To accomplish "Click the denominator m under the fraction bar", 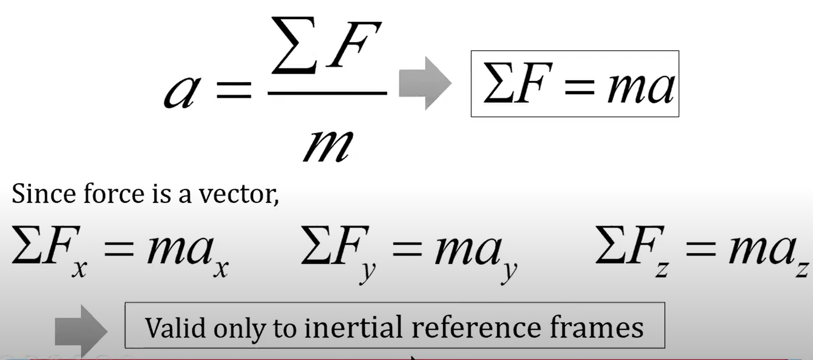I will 327,145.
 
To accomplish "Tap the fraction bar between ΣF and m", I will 327,93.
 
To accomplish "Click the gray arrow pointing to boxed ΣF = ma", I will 425,83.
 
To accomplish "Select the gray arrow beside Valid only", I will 80,331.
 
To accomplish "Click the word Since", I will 43,194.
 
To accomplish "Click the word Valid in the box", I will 174,328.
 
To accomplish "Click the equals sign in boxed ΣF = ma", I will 580,86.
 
